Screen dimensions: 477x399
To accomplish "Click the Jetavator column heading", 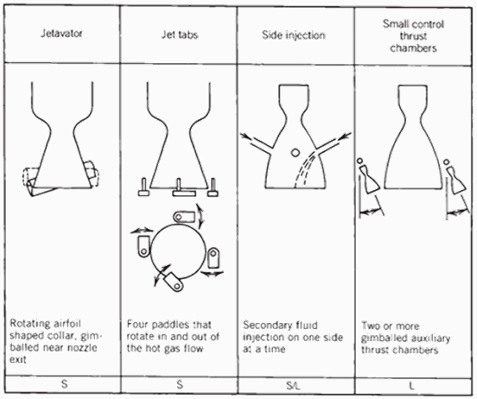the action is pyautogui.click(x=61, y=33).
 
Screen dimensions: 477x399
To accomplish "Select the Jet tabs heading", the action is pyautogui.click(x=180, y=35).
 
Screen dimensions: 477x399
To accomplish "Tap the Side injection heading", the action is pyautogui.click(x=294, y=35).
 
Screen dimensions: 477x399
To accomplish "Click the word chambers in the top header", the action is pyautogui.click(x=413, y=48).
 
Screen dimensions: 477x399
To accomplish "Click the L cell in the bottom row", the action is pyautogui.click(x=411, y=386).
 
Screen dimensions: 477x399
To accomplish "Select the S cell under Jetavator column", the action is pyautogui.click(x=64, y=384).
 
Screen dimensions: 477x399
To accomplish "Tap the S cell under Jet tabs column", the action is pyautogui.click(x=180, y=384).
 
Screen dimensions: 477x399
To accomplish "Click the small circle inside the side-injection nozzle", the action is pyautogui.click(x=295, y=152).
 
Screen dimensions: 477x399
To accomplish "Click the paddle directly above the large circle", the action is pyautogui.click(x=184, y=217).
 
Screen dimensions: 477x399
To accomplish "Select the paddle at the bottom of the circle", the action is pyautogui.click(x=173, y=282).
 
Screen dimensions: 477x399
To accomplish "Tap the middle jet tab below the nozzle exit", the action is pyautogui.click(x=184, y=188).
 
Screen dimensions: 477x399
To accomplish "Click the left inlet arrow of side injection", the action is pyautogui.click(x=247, y=136).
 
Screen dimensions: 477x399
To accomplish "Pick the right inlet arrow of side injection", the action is pyautogui.click(x=345, y=136).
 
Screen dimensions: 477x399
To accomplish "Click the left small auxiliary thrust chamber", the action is pyautogui.click(x=369, y=180).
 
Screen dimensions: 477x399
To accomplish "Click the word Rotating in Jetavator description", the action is pyautogui.click(x=29, y=324).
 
